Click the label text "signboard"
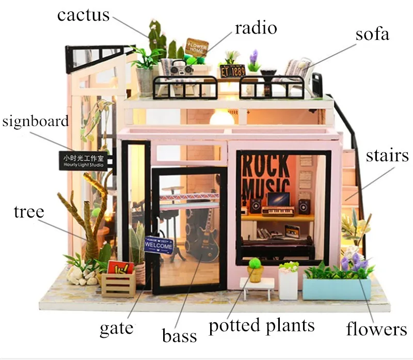click(x=35, y=121)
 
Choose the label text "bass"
click(x=179, y=336)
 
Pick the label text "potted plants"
click(x=261, y=325)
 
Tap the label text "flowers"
click(x=376, y=328)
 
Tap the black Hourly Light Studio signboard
click(x=84, y=161)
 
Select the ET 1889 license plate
click(x=233, y=71)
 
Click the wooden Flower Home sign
click(x=197, y=46)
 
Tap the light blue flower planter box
click(x=336, y=289)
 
